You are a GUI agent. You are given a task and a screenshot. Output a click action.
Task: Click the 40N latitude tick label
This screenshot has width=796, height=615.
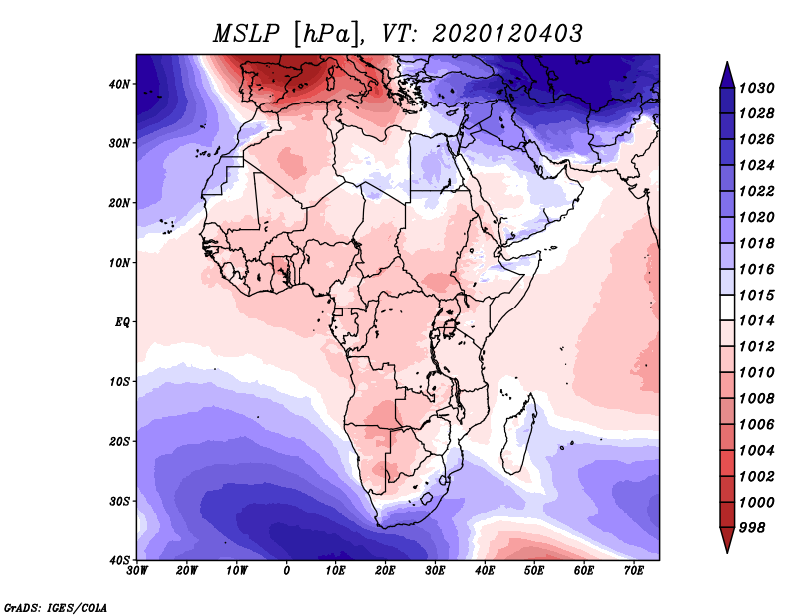coord(119,84)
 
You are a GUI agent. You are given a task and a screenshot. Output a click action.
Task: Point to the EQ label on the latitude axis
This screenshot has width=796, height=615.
coord(122,322)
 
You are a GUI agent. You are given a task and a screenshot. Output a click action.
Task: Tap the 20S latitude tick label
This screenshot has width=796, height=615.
coord(119,441)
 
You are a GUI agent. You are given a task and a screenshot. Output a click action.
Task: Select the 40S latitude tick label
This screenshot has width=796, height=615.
coord(119,560)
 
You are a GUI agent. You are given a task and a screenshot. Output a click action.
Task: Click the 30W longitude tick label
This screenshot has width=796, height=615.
coord(137,571)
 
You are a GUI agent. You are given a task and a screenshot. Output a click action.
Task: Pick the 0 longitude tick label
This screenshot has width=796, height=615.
coord(287,571)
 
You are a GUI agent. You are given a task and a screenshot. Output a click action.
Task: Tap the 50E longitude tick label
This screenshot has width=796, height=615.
coord(534,571)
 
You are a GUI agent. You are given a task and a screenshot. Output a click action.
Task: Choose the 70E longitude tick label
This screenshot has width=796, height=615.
coord(634,571)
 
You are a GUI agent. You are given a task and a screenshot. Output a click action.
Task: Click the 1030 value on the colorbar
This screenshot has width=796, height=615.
coord(756,88)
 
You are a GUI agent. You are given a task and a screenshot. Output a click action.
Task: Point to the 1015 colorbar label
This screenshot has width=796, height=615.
coord(756,295)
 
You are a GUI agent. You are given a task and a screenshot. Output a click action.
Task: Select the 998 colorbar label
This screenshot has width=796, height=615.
coord(751,528)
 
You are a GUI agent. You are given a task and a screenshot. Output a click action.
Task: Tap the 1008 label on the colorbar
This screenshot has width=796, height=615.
coord(756,399)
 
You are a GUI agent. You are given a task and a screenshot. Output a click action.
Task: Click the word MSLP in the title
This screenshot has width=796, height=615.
coord(246,34)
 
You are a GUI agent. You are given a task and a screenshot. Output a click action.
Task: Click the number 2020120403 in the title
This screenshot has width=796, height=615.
coord(507,34)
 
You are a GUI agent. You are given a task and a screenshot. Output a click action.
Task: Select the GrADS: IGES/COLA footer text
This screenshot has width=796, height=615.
coord(56,607)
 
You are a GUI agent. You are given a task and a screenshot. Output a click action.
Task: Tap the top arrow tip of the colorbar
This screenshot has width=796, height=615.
coord(727,62)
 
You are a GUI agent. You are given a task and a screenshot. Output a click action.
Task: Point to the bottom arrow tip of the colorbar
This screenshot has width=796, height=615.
coord(727,552)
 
